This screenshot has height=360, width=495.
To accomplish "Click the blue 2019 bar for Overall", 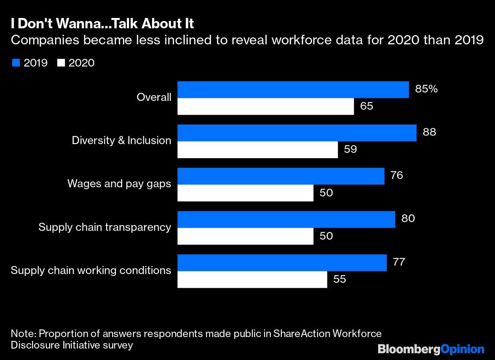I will tap(293, 89).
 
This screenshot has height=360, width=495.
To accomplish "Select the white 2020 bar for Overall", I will tap(266, 106).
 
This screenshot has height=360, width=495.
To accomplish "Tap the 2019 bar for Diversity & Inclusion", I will tap(297, 133).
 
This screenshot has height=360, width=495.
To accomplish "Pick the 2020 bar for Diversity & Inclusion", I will tap(258, 149).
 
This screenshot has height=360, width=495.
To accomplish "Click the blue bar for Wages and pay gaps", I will tap(281, 176).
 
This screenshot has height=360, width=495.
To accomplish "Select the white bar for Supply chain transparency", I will tap(245, 236).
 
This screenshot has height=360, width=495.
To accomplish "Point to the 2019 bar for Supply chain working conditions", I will tap(282, 263).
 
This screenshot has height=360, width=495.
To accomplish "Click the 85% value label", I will tap(426, 89).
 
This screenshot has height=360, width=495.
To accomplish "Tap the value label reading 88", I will tap(429, 132).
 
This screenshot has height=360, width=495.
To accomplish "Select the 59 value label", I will tap(350, 149).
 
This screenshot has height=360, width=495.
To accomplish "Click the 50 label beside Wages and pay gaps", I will tap(326, 193).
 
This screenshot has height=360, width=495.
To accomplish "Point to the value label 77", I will tap(399, 262).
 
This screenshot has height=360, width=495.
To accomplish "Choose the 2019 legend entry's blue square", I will tap(16, 63).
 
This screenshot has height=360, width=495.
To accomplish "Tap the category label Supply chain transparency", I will tap(105, 227).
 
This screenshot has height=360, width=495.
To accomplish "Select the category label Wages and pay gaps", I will tap(119, 184).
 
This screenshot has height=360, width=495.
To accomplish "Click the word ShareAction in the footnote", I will tap(302, 334).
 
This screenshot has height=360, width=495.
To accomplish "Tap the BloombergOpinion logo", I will tap(431, 349).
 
